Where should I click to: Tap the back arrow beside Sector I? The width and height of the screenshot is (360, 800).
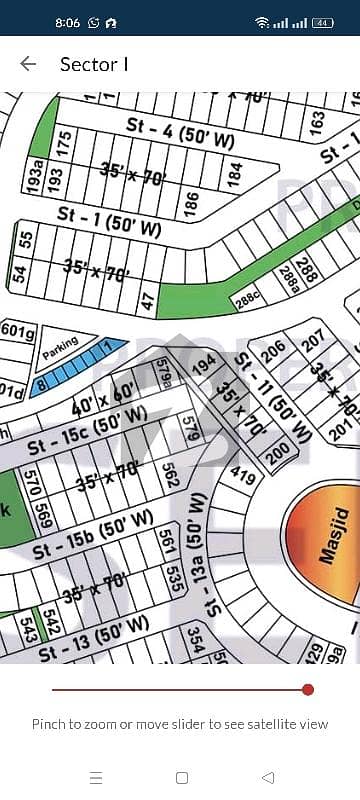tap(28, 64)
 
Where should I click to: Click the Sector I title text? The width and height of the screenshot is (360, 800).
tap(94, 64)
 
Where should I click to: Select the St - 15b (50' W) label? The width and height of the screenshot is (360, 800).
tap(92, 535)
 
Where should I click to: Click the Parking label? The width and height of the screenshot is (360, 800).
tap(60, 349)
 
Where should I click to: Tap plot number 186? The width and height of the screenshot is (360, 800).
tap(189, 204)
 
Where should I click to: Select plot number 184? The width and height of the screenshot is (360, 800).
tap(235, 172)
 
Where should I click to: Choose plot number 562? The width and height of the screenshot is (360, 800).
tap(170, 477)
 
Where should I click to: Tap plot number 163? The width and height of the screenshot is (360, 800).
tap(317, 123)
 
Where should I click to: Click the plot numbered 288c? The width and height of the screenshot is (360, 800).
tap(246, 298)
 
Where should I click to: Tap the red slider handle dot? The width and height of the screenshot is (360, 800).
tap(308, 689)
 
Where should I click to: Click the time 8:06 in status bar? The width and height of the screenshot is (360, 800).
tap(68, 21)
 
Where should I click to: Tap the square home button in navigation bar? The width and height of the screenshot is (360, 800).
tap(181, 777)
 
